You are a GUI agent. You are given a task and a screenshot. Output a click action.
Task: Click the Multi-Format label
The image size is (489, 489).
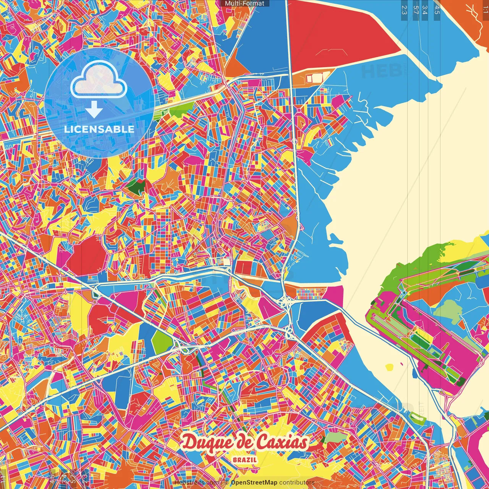tap(244, 3)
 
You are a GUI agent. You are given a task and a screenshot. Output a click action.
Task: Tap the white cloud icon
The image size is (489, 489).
tap(99, 81)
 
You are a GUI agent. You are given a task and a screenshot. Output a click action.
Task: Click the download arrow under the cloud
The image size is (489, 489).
tap(94, 110)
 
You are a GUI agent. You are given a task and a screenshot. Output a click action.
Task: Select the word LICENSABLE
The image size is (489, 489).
tap(99, 129)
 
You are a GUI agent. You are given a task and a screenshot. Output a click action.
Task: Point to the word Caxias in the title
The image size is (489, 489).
tap(282, 443)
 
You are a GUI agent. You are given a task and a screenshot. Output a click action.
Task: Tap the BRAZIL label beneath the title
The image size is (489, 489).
tap(245, 460)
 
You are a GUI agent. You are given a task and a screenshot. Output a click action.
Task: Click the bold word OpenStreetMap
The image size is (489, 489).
tap(254, 483)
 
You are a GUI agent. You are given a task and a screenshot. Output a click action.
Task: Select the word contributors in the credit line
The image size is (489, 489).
tap(297, 483)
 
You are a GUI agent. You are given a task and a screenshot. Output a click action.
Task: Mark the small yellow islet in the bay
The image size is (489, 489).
tap(389, 367)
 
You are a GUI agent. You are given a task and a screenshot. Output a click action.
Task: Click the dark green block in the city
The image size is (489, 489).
tap(136, 186)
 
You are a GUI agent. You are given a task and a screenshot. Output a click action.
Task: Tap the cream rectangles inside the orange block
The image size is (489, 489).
tap(314, 78)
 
